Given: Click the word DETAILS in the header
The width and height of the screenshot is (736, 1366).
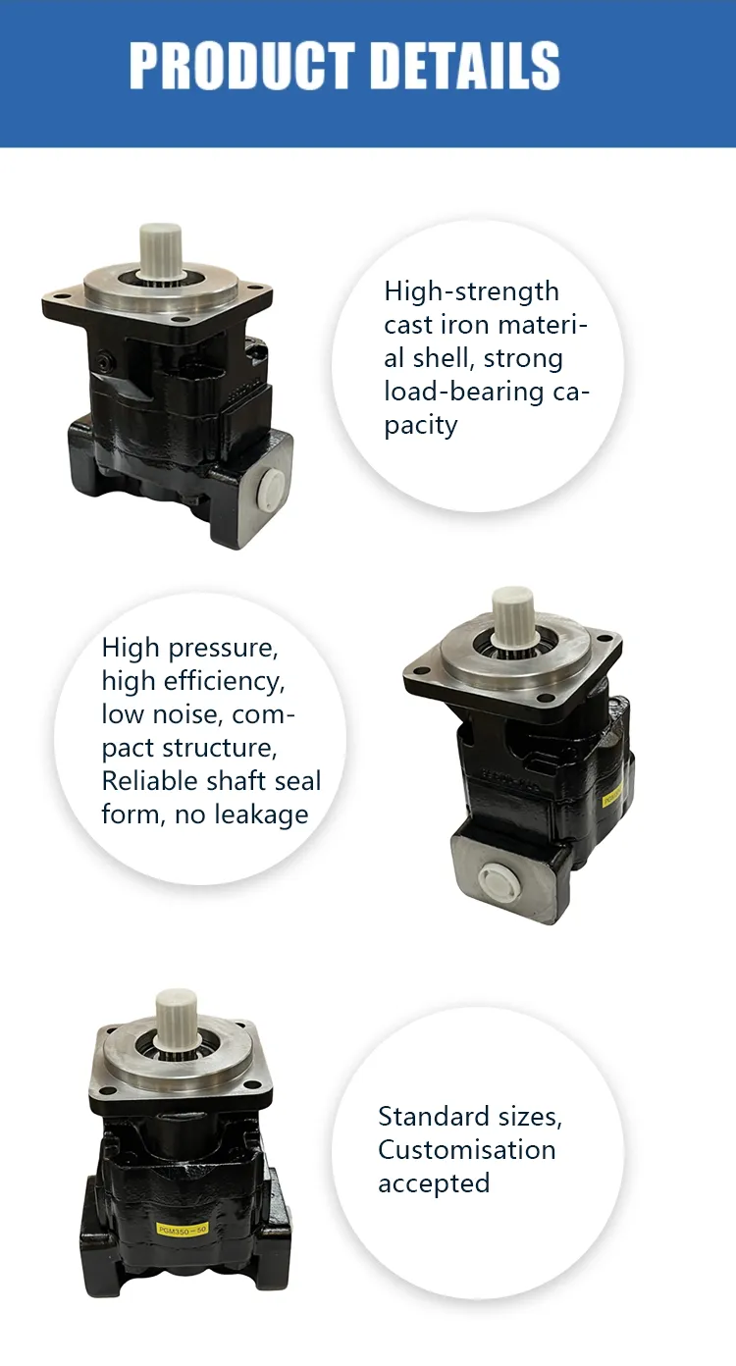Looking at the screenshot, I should click(x=470, y=66).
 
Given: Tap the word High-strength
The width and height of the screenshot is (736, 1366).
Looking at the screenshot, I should click(x=471, y=291).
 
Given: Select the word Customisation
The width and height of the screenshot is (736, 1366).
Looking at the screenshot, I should click(x=466, y=1150).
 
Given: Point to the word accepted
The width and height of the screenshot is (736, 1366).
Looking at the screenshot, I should click(x=434, y=1183).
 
